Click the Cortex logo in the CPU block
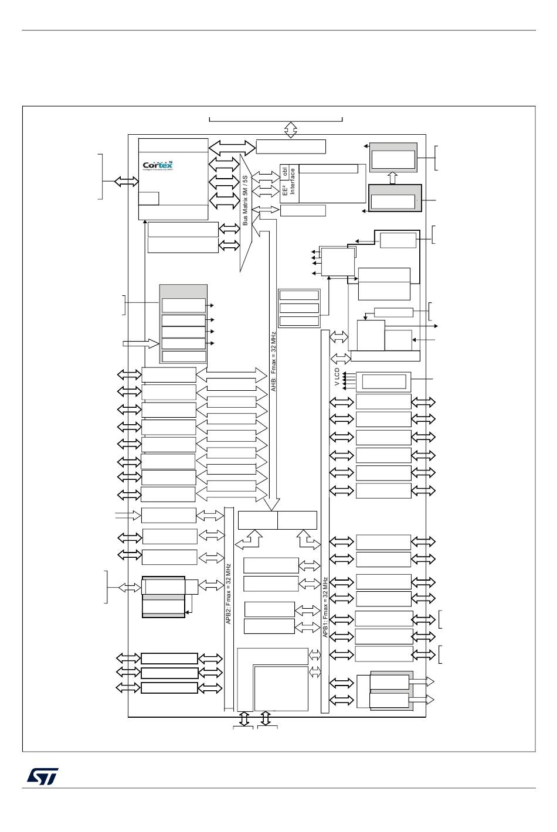[x=158, y=165]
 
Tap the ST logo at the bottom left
[x=42, y=776]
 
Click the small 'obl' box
[x=285, y=171]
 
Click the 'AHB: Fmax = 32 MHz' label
[x=273, y=361]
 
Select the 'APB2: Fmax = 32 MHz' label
[x=229, y=594]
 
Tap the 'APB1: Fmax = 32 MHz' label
[x=325, y=607]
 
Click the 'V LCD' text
[x=338, y=377]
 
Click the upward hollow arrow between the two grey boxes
[x=393, y=178]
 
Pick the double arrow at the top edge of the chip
[x=291, y=129]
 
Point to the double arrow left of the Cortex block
[x=126, y=182]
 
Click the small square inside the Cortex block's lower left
[x=149, y=198]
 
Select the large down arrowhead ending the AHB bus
[x=271, y=504]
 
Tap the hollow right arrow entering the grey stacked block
[x=141, y=343]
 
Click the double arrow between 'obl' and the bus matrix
[x=269, y=177]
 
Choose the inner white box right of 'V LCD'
[x=384, y=381]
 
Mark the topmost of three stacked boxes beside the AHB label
[x=299, y=295]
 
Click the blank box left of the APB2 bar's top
[x=168, y=515]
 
